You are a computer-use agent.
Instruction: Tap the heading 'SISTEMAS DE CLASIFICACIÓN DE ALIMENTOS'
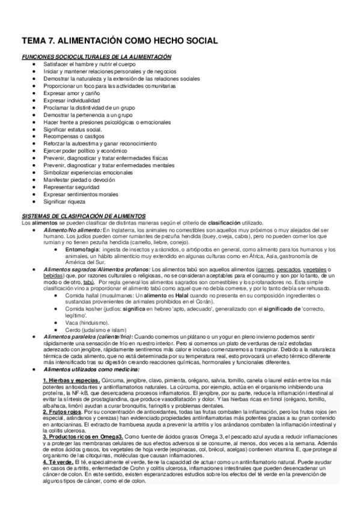(84, 215)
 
